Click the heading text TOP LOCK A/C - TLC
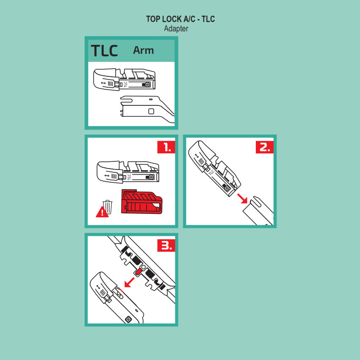point(180,19)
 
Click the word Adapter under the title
point(176,29)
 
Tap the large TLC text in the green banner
point(105,50)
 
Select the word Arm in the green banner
point(144,50)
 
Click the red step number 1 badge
point(166,147)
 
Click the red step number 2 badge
point(265,147)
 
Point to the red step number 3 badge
point(166,245)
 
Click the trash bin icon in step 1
point(108,207)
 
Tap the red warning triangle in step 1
point(102,212)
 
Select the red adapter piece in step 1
point(141,202)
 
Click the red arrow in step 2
point(242,198)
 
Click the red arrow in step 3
point(129,282)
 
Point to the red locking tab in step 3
point(138,272)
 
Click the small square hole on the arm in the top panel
point(151,111)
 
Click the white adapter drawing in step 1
point(128,172)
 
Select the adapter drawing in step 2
point(214,169)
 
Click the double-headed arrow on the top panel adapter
point(103,83)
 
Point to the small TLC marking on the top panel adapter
point(125,84)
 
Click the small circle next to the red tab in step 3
point(144,267)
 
